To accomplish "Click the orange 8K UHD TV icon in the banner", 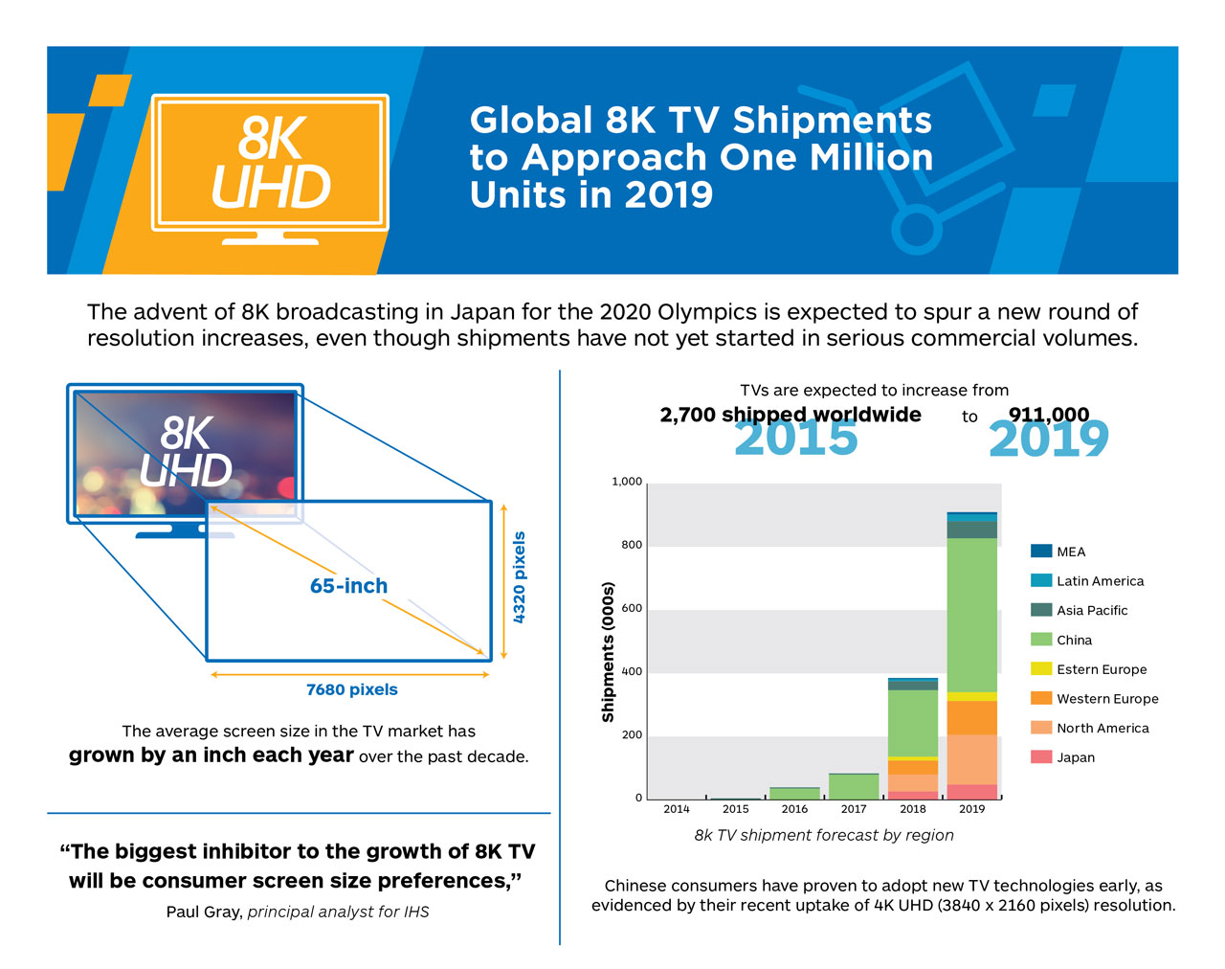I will [x=270, y=165].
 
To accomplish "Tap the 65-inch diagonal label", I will [x=348, y=586].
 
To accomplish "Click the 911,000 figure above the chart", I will [x=1049, y=415].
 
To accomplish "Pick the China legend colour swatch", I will [x=1041, y=640].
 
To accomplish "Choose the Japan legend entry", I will [x=1075, y=757].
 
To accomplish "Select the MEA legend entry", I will [x=1070, y=552].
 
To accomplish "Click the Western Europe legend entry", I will [x=1106, y=699].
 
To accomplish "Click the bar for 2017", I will [x=854, y=786].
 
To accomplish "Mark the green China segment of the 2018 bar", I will [x=913, y=723].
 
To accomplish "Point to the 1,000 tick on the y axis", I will [x=627, y=482].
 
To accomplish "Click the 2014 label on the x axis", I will [x=677, y=809].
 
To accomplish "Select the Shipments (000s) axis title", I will [x=608, y=651].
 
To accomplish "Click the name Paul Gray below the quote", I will [x=203, y=912].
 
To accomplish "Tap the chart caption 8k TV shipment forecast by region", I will [x=824, y=835].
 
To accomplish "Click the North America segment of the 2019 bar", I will [x=971, y=759].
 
